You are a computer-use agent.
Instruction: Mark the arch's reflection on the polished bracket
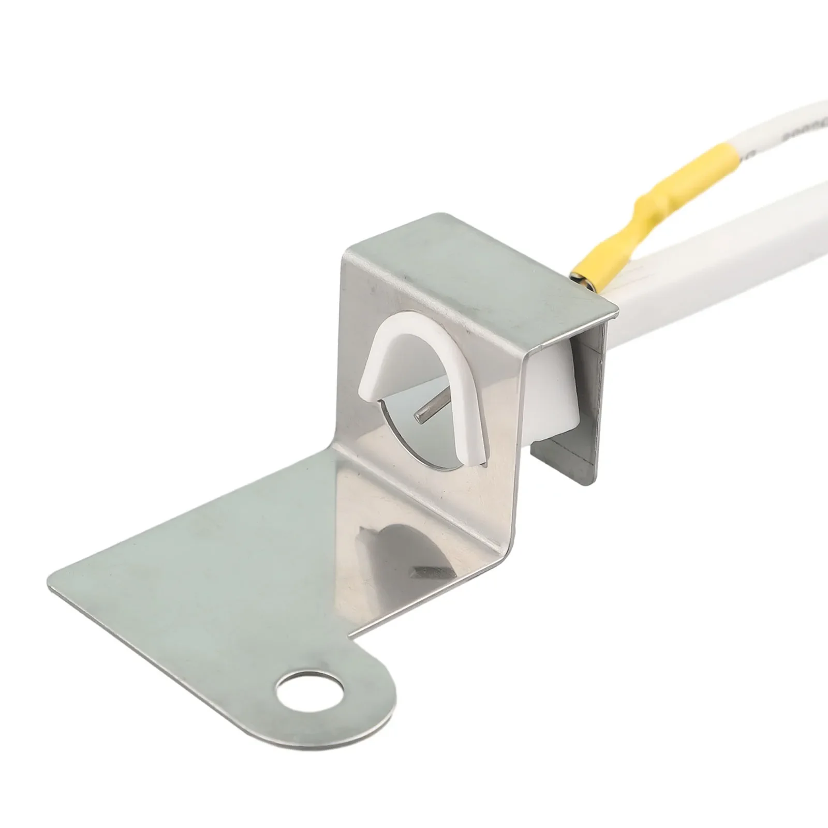tap(404, 538)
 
